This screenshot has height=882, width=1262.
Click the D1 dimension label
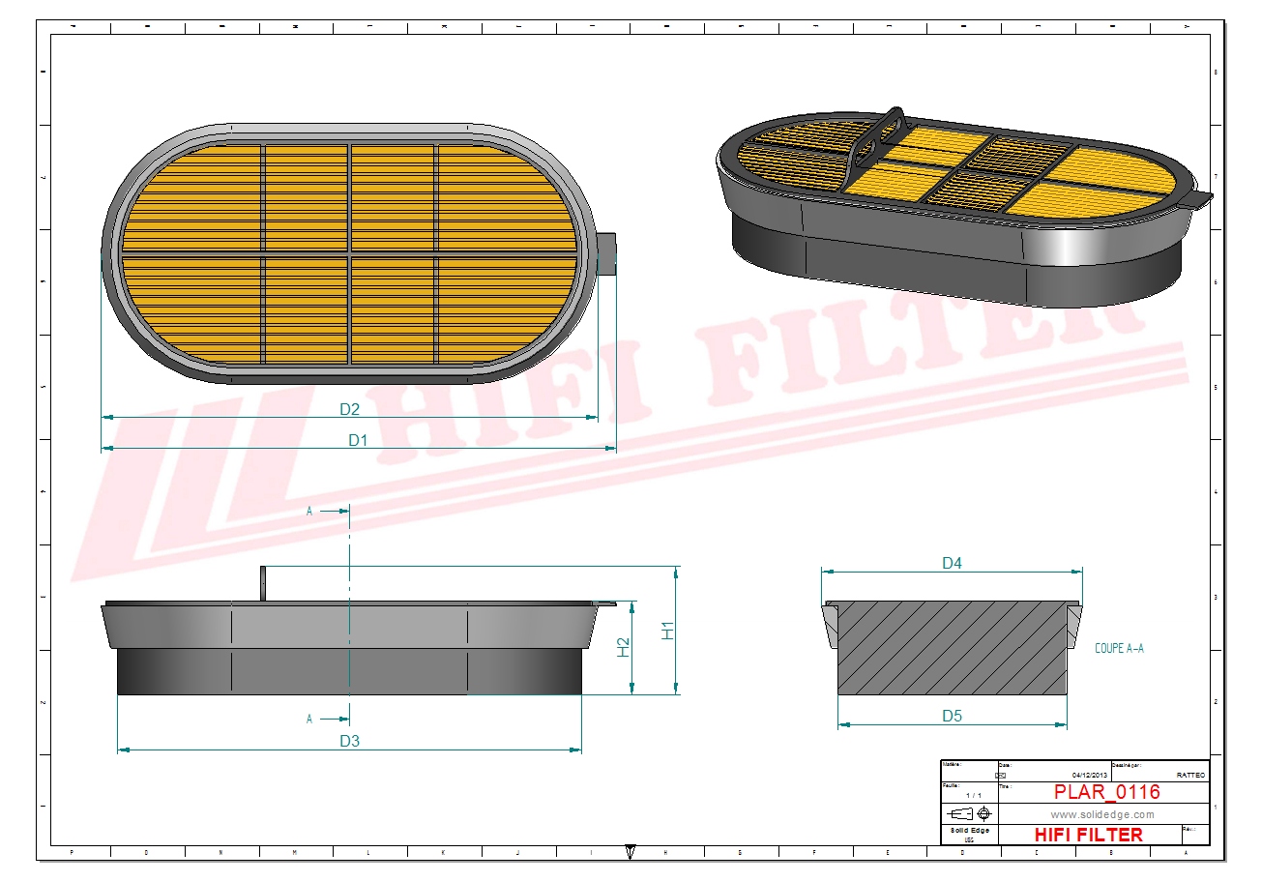[358, 440]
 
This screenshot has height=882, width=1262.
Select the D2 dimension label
[349, 409]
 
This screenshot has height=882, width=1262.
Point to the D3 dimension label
[349, 741]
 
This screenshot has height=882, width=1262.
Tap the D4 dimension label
[952, 563]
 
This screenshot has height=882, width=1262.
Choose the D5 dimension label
[952, 717]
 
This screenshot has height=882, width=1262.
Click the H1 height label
[667, 630]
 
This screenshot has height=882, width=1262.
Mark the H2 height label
[624, 647]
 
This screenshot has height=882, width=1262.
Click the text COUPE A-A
[1119, 649]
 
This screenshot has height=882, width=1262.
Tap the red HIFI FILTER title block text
[1088, 835]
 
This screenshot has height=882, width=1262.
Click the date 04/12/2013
[1091, 776]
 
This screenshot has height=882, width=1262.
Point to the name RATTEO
[1190, 776]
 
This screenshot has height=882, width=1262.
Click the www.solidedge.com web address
[1102, 815]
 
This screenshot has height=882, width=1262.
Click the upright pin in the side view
[262, 583]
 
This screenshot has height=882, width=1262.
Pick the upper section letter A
[309, 511]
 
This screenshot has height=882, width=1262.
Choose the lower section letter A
[309, 720]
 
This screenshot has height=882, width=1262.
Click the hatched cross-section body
[952, 648]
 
